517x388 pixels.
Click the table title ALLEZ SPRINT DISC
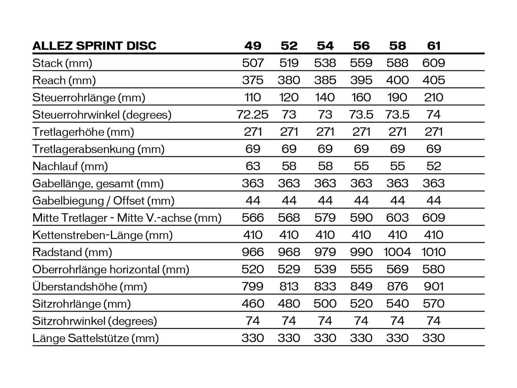[x=94, y=46]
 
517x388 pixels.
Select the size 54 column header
[x=325, y=46]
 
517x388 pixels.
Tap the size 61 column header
[x=434, y=46]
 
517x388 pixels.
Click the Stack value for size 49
[x=253, y=63]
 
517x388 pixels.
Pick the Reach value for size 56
[x=361, y=80]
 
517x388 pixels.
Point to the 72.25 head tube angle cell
[x=252, y=114]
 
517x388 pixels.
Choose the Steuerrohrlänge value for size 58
[x=397, y=97]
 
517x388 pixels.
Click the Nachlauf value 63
[x=253, y=166]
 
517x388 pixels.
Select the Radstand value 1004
[x=397, y=252]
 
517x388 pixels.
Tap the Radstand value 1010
[x=434, y=252]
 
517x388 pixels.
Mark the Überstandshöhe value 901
[x=434, y=286]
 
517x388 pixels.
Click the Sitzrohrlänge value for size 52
[x=289, y=304]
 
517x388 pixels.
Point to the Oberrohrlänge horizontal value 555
[x=361, y=269]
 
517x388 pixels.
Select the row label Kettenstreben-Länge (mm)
[x=102, y=235]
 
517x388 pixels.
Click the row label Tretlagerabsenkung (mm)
[x=99, y=149]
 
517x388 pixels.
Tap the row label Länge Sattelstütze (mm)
[x=96, y=338]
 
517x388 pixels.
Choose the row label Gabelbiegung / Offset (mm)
[x=103, y=201]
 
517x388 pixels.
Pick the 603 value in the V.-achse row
[x=397, y=218]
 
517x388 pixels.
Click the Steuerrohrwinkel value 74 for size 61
[x=434, y=114]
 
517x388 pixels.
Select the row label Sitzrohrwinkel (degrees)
[x=95, y=321]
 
